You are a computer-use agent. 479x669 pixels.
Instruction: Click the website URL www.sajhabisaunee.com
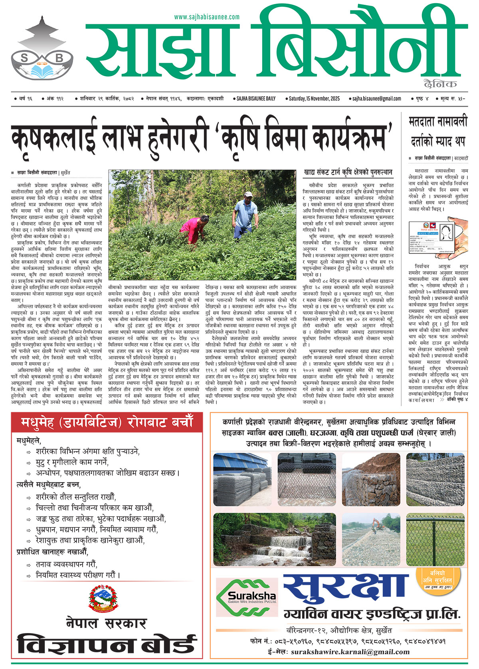(x=207, y=17)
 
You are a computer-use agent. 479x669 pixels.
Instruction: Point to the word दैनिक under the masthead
(x=441, y=83)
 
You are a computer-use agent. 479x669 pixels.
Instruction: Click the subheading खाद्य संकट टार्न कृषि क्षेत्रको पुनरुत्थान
(x=348, y=172)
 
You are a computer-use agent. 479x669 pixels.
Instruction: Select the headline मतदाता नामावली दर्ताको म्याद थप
(x=437, y=131)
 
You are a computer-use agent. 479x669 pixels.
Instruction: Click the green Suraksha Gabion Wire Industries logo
(x=246, y=598)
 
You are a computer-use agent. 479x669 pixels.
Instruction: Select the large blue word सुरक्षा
(x=346, y=590)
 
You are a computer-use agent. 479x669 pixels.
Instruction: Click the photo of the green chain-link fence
(x=435, y=539)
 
